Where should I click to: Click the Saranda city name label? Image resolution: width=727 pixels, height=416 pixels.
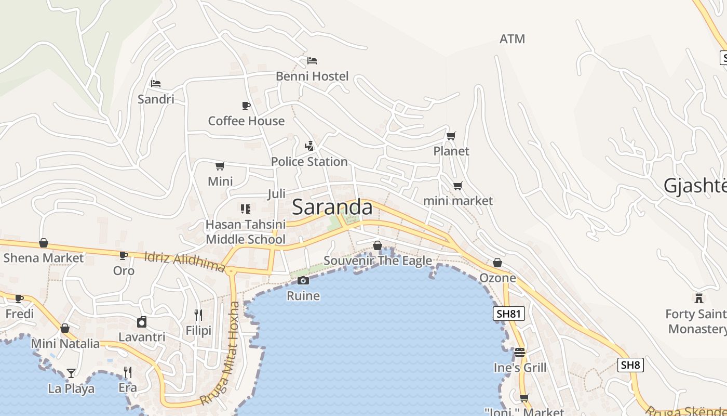point(332,207)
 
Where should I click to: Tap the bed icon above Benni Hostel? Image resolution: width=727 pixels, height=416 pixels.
point(312,61)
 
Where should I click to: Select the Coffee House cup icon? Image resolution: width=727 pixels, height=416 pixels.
point(246,106)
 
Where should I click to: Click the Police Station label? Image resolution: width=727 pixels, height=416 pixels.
point(309,162)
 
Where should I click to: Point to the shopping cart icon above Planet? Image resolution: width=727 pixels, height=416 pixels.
point(451,136)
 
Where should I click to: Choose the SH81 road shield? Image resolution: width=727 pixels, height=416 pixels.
point(508,314)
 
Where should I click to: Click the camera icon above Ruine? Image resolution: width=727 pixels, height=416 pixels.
point(303,281)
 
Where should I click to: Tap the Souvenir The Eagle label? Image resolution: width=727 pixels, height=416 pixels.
point(378,261)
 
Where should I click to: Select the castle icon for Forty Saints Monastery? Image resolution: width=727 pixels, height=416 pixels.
point(699,298)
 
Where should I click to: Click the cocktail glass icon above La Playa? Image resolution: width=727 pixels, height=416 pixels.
point(71,373)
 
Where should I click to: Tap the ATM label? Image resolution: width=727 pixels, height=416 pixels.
point(512,39)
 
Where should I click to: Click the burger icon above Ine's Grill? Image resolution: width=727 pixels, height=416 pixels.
point(519,353)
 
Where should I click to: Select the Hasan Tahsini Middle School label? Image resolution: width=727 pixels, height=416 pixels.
point(246,232)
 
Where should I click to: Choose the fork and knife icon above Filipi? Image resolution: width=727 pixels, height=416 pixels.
point(198,315)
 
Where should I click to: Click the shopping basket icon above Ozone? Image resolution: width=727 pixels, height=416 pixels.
point(497,263)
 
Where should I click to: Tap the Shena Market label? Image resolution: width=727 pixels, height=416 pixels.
point(44,258)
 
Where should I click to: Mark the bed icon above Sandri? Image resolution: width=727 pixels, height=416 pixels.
point(156,83)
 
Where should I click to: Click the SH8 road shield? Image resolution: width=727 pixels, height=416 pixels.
point(630,365)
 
